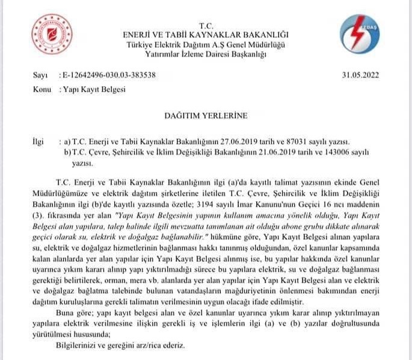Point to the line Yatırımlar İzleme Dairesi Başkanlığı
pyautogui.click(x=206, y=54)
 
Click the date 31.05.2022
pyautogui.click(x=360, y=75)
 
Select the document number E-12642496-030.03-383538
pyautogui.click(x=108, y=75)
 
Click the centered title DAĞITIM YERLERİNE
pyautogui.click(x=206, y=114)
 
